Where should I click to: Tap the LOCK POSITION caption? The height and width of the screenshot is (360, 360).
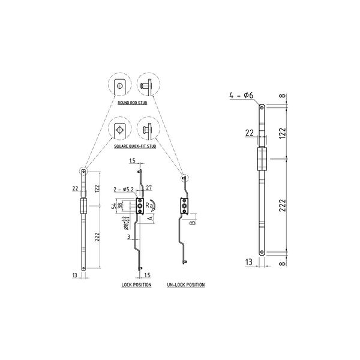point(136,284)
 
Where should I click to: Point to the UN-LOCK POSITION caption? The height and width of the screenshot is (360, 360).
point(186,284)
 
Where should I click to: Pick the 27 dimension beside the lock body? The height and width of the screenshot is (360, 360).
point(148,188)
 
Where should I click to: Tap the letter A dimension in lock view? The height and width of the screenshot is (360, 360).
point(150,219)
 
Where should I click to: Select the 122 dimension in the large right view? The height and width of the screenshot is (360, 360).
point(281,133)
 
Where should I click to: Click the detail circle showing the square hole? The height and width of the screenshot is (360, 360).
point(120,129)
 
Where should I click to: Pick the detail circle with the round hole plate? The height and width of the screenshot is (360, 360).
point(120,86)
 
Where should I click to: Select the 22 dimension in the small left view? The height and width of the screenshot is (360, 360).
point(76,188)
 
